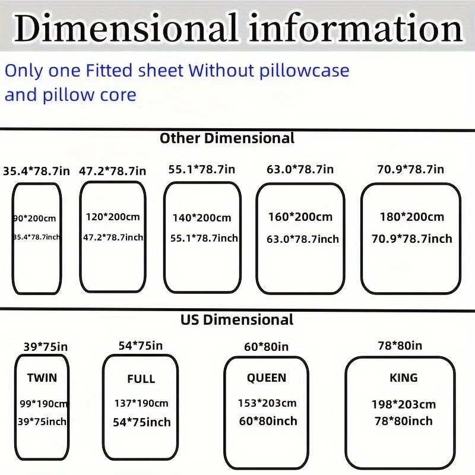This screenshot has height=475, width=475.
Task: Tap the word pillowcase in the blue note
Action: [x=304, y=71]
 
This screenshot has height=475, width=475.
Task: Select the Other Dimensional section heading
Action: [x=227, y=138]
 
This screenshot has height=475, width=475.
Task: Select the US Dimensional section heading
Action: [x=237, y=319]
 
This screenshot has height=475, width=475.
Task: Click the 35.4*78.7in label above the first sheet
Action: [x=36, y=171]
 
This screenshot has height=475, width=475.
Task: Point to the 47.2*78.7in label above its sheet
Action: [x=112, y=171]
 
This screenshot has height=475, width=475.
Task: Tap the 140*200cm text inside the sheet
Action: [x=202, y=218]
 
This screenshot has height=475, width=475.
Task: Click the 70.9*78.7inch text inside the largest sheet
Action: [x=411, y=239]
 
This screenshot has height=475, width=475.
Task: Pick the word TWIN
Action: [x=42, y=378]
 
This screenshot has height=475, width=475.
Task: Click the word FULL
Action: [x=141, y=379]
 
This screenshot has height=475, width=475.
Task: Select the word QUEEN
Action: [x=267, y=378]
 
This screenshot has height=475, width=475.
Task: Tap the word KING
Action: [x=404, y=378]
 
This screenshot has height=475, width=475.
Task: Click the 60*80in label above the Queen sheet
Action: [x=267, y=347]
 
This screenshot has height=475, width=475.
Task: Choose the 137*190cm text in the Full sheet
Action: [x=141, y=403]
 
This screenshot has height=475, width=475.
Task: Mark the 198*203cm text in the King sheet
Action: [x=404, y=404]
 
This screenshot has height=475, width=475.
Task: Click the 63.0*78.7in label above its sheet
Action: [x=300, y=169]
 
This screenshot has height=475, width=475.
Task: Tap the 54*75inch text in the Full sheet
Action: [x=141, y=422]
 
